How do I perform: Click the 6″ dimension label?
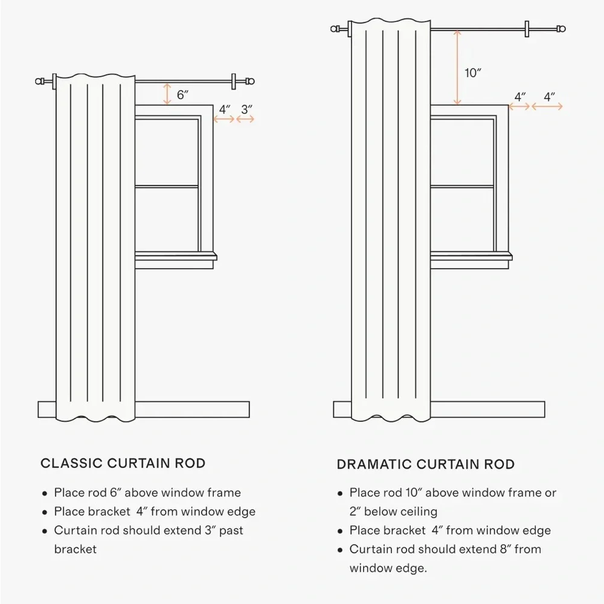pyautogui.click(x=182, y=94)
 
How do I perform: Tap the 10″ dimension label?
pyautogui.click(x=473, y=73)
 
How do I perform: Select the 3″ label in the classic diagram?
pyautogui.click(x=247, y=109)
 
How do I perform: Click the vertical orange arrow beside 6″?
pyautogui.click(x=167, y=94)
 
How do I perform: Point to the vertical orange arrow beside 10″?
pyautogui.click(x=457, y=68)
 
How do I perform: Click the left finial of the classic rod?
pyautogui.click(x=39, y=82)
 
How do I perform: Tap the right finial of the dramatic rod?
pyautogui.click(x=562, y=28)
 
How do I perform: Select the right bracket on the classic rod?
pyautogui.click(x=233, y=82)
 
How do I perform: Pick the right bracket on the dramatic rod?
pyautogui.click(x=527, y=29)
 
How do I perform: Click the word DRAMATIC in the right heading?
pyautogui.click(x=374, y=464)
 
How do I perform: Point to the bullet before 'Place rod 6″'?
pyautogui.click(x=45, y=493)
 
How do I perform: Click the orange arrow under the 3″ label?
pyautogui.click(x=245, y=119)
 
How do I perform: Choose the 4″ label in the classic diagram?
pyautogui.click(x=225, y=109)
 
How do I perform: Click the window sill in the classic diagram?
pyautogui.click(x=176, y=257)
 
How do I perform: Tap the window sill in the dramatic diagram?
pyautogui.click(x=471, y=257)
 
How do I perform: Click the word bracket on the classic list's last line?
pyautogui.click(x=75, y=549)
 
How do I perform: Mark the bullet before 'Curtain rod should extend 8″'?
pyautogui.click(x=339, y=550)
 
